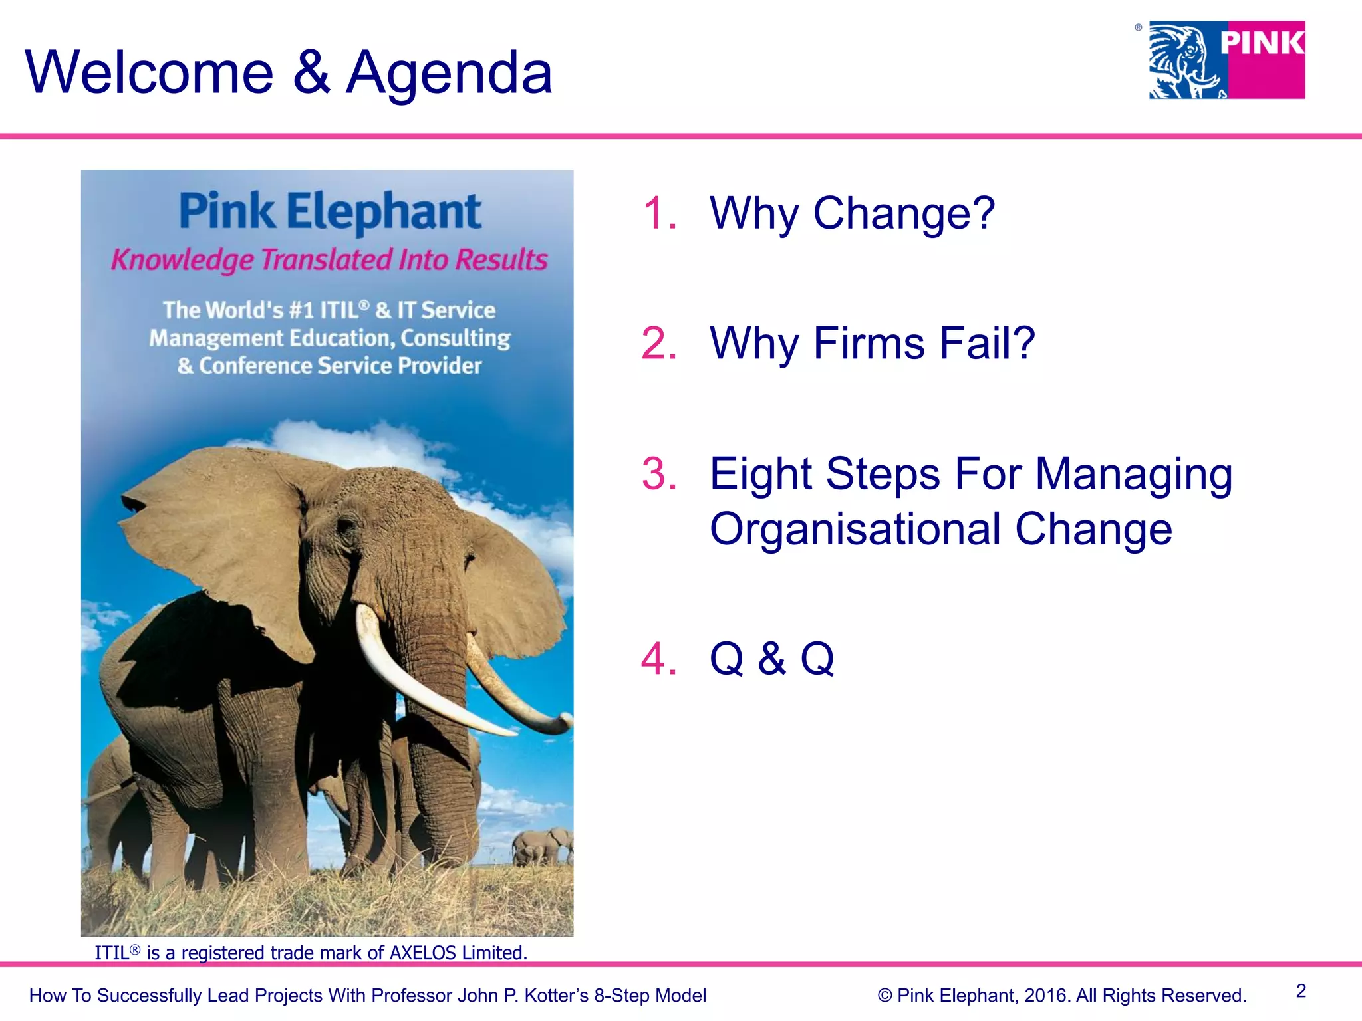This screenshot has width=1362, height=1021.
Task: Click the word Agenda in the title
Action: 450,73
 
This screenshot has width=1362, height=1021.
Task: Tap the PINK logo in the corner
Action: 1227,60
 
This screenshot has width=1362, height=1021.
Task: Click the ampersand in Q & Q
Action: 771,659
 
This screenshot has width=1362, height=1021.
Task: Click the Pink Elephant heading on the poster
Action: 330,211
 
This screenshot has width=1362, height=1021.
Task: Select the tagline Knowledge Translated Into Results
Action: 329,259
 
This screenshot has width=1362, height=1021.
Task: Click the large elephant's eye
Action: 346,525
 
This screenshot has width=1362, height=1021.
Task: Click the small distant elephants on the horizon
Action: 542,846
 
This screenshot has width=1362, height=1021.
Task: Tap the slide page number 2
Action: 1301,991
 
